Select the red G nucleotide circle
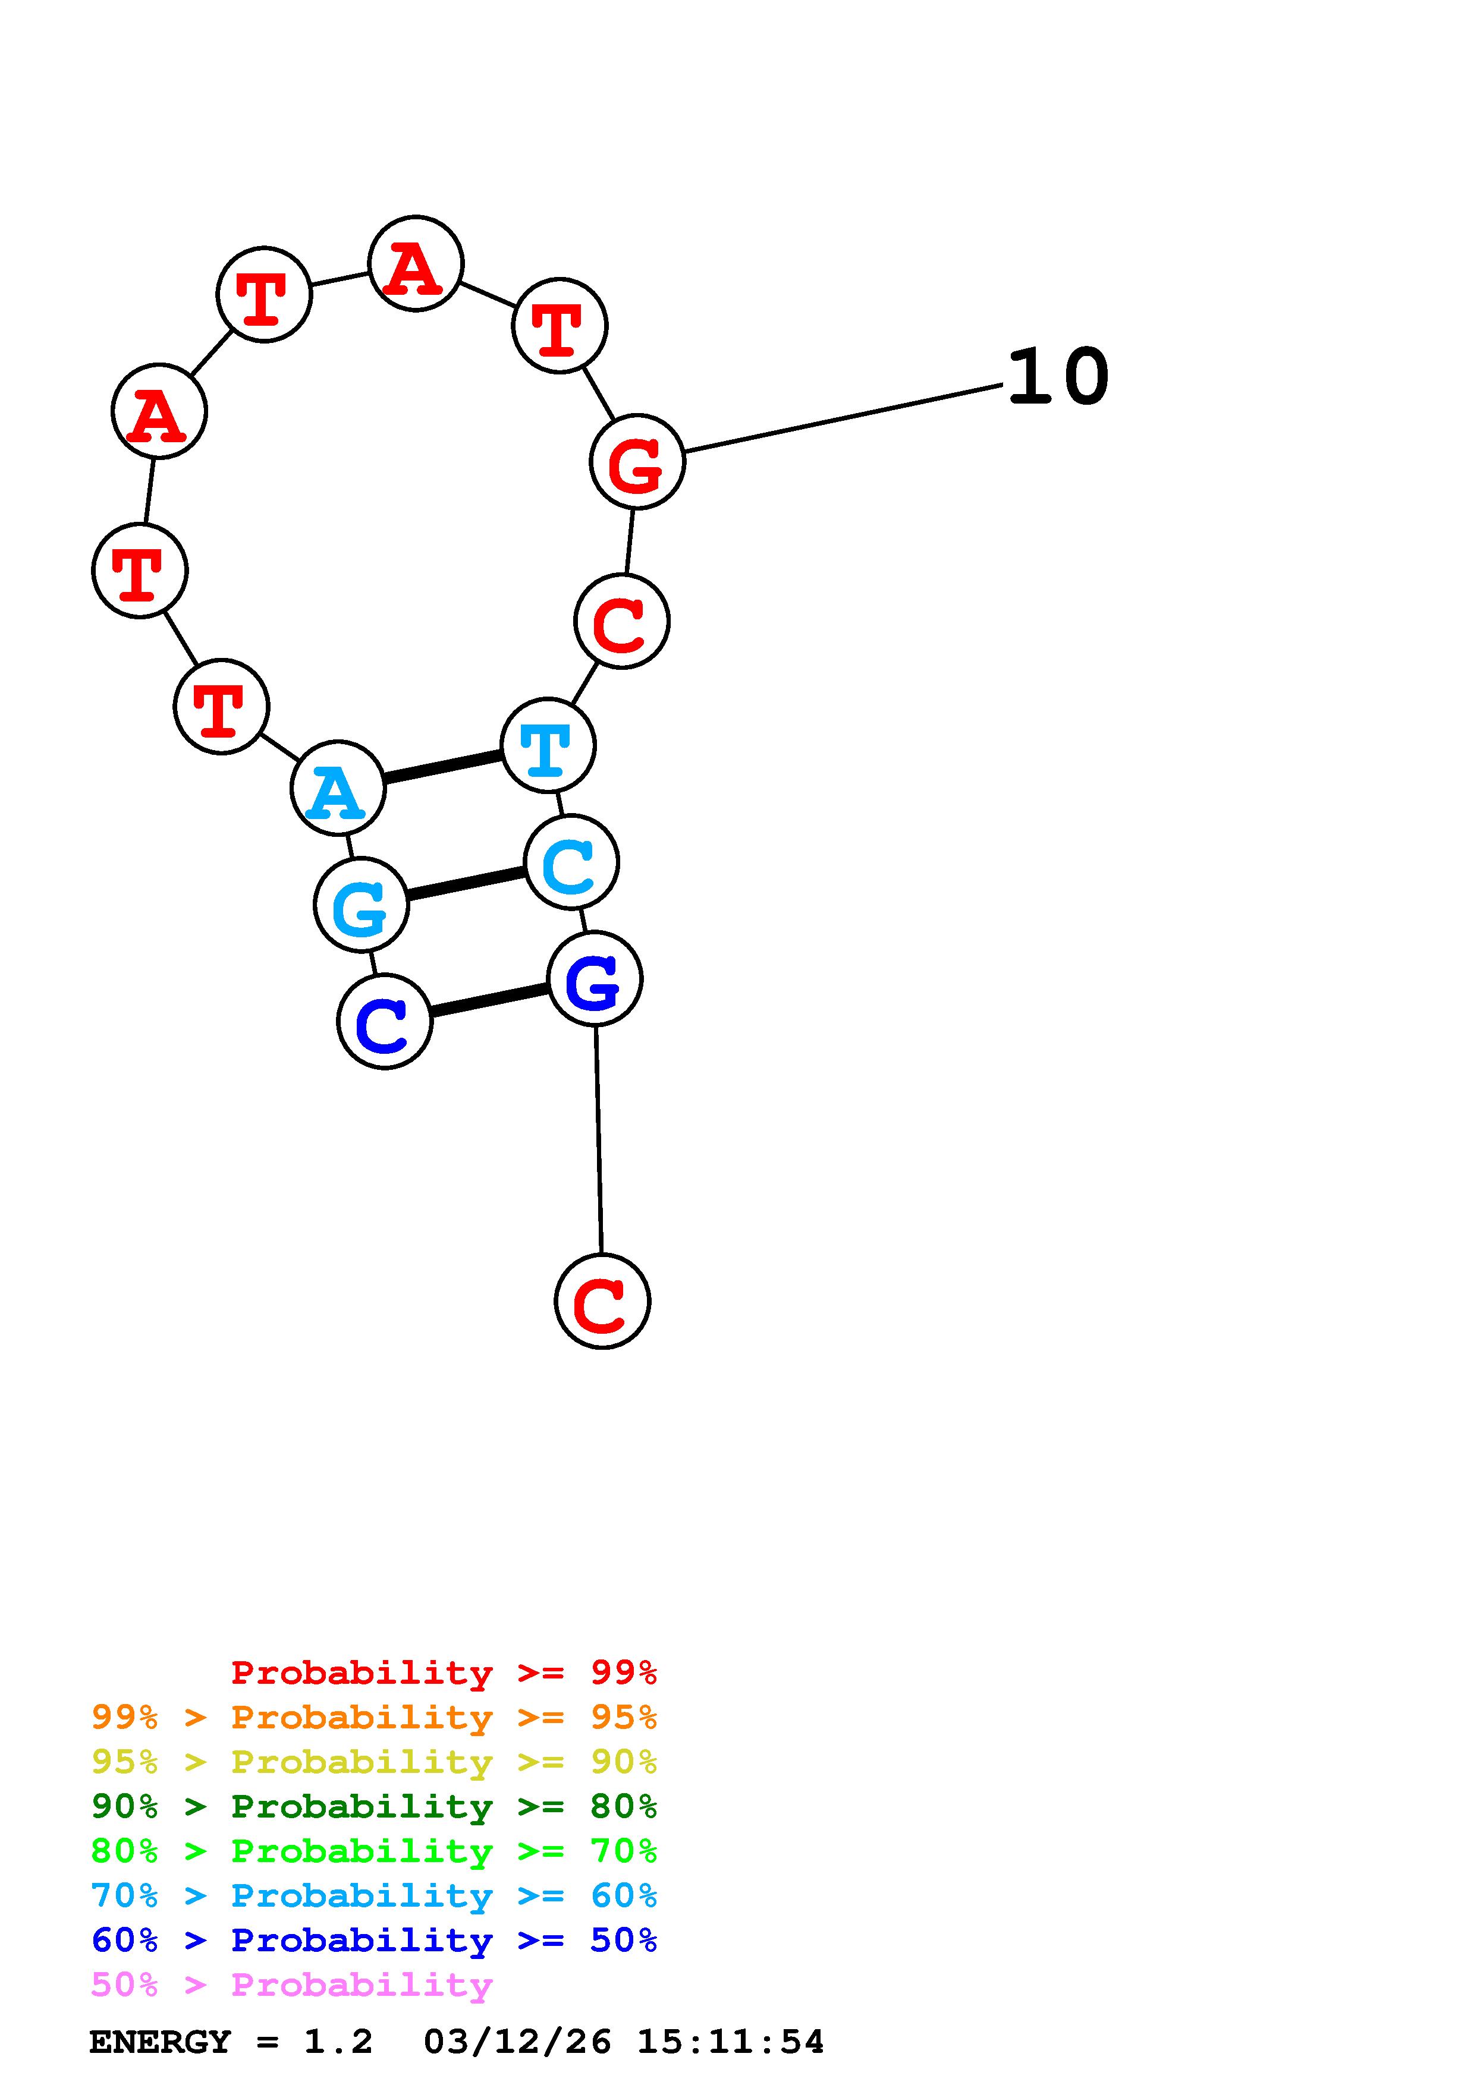(637, 462)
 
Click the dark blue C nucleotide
(384, 1022)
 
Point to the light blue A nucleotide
(338, 788)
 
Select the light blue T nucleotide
(548, 745)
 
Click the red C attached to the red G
(622, 622)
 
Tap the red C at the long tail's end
(602, 1301)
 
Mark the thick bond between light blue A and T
(443, 767)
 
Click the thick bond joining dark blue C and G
(489, 1001)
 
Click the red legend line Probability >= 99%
(443, 1673)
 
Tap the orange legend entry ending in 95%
(374, 1717)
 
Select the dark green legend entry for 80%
(374, 1806)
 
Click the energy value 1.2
(338, 2042)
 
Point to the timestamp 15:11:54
(730, 2042)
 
